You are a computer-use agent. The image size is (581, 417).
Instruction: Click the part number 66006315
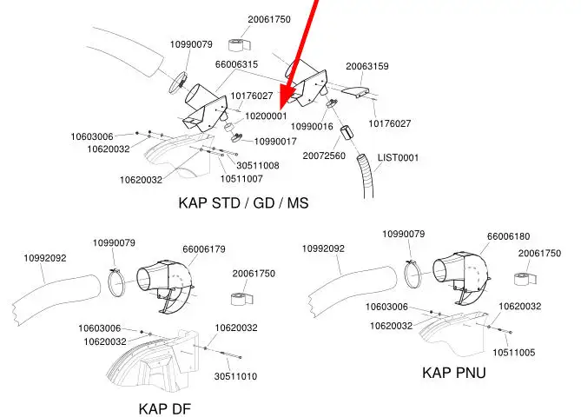237,64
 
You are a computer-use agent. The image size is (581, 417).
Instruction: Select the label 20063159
366,66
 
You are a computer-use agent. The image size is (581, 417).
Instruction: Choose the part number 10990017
275,141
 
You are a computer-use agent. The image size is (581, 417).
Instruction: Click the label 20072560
324,156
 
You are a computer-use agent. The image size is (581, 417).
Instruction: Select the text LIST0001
398,157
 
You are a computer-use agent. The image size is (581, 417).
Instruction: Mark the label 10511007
241,179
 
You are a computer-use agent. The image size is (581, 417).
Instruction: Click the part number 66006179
203,249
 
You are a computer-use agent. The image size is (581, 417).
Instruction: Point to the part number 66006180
508,235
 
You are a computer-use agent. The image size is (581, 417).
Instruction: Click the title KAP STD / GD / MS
243,203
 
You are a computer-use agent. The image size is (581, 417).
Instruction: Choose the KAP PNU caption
453,373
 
